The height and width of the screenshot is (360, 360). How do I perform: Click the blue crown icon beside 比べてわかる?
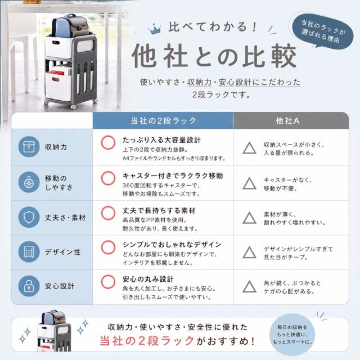(x=155, y=29)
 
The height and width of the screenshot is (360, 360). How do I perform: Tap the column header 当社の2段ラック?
(x=163, y=121)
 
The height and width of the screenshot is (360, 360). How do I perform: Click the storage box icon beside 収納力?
(x=29, y=147)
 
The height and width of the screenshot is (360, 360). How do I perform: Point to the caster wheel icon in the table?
(x=29, y=182)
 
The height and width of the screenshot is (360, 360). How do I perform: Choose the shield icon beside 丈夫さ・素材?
(x=29, y=217)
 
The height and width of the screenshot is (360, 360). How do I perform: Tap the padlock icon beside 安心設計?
(x=29, y=286)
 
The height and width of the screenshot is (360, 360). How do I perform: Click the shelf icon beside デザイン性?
(x=29, y=251)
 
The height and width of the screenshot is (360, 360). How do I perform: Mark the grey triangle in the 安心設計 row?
(x=250, y=286)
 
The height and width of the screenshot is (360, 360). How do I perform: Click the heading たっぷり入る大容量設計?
(x=161, y=140)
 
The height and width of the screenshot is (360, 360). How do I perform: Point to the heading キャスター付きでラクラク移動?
(x=173, y=176)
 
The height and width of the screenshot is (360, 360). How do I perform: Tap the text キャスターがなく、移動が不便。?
(x=287, y=184)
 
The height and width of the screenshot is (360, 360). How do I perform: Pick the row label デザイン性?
(x=62, y=252)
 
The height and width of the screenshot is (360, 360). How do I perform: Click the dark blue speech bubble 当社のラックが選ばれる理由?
(x=323, y=31)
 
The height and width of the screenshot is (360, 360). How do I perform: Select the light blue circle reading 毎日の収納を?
(x=292, y=335)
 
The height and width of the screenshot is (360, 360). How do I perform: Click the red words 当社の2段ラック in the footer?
(x=147, y=341)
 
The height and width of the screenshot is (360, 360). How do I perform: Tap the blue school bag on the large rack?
(x=61, y=26)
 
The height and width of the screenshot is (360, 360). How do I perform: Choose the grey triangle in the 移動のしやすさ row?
(x=250, y=183)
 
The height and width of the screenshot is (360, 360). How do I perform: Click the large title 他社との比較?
(x=214, y=56)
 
